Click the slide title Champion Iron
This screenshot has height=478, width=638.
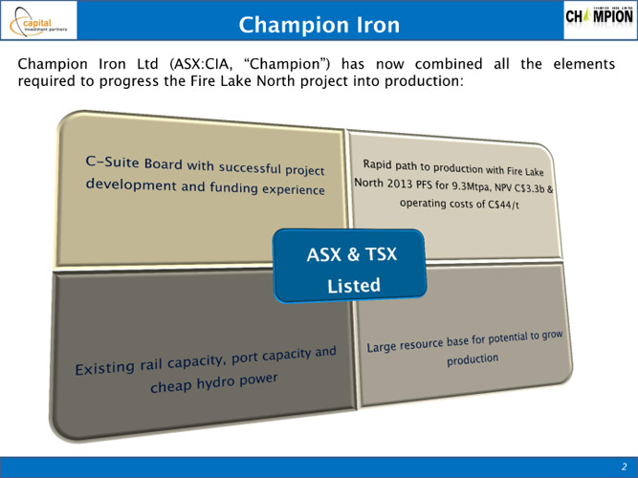319,25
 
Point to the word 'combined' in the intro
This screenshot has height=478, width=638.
449,64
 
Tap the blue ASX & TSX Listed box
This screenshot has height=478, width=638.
349,266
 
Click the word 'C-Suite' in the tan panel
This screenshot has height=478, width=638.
112,162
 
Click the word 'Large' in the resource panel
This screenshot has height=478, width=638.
382,347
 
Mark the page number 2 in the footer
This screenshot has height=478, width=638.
625,467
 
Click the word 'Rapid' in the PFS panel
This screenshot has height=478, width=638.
377,163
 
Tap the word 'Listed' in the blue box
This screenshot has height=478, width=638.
354,285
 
